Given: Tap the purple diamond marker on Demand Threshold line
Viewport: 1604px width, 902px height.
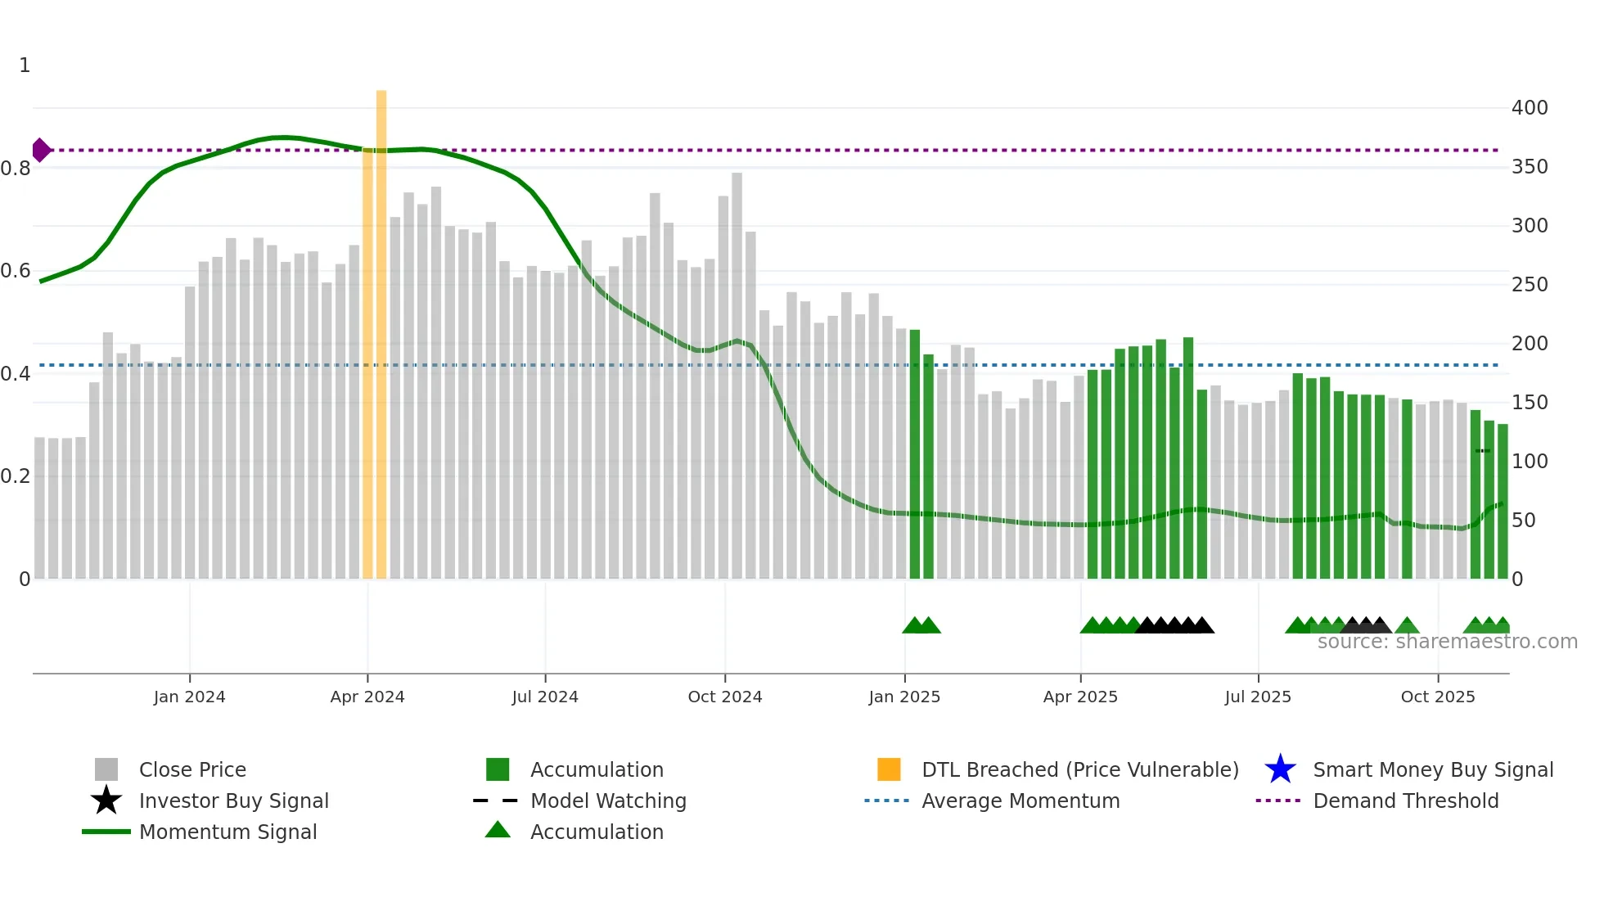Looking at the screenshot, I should (x=41, y=151).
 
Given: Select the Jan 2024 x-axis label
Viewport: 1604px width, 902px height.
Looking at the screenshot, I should (x=189, y=697).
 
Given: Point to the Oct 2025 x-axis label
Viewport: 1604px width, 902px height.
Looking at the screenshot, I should (x=1437, y=697).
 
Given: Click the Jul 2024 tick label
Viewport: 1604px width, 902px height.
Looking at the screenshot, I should (x=545, y=697).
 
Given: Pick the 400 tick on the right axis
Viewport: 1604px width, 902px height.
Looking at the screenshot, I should (x=1529, y=108).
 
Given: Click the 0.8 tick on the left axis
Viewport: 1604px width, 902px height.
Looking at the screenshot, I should (x=16, y=169).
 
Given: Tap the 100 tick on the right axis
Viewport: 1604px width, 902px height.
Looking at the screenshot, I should (x=1529, y=462).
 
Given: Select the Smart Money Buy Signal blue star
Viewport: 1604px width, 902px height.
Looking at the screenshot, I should (x=1280, y=769).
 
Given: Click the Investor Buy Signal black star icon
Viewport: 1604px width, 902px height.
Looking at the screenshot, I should (x=106, y=801).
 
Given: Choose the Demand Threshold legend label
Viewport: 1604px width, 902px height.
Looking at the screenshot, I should (x=1405, y=801).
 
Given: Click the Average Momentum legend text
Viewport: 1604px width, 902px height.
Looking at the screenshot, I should (x=1020, y=801).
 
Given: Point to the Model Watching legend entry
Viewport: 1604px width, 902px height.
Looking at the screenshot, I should (x=607, y=801).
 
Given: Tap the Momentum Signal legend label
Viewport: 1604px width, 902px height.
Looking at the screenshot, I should (x=228, y=832).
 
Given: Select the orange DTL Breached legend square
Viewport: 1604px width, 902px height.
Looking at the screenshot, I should (x=889, y=769).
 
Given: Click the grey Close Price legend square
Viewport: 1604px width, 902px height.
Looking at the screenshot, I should (x=106, y=769).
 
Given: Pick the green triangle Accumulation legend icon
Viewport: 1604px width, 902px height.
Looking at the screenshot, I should (x=498, y=830).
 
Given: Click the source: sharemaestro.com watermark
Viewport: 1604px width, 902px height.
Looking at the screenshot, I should (x=1447, y=642).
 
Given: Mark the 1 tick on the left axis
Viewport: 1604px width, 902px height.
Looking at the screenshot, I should (x=25, y=65).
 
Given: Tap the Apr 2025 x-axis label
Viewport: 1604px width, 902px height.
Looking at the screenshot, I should (x=1080, y=697).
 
